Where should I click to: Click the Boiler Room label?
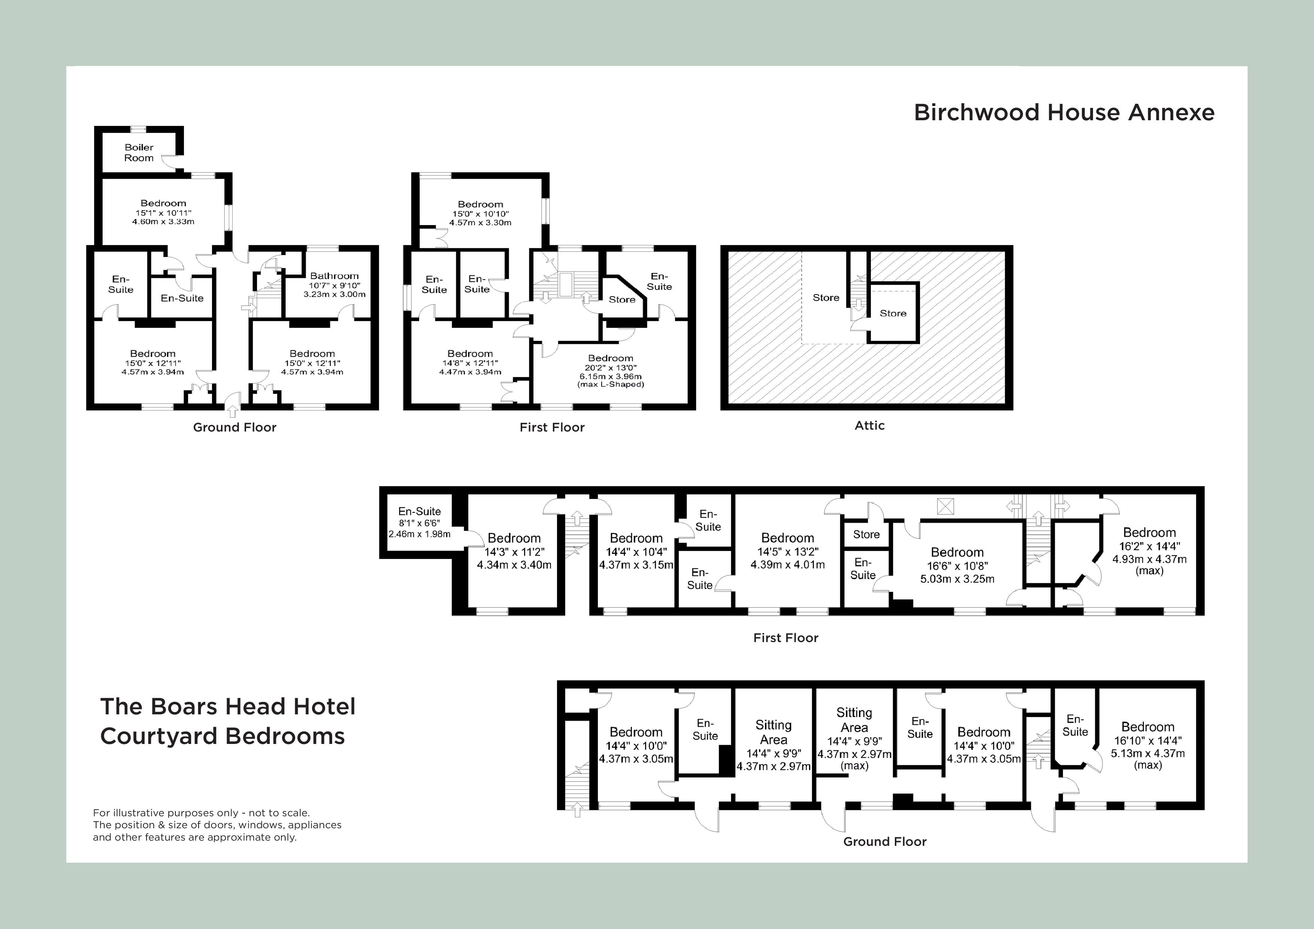pos(139,153)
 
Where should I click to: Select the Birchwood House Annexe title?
pos(1064,113)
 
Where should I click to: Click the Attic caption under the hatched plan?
pos(869,425)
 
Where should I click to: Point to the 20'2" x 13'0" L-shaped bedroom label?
pos(610,370)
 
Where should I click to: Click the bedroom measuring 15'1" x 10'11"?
pos(163,212)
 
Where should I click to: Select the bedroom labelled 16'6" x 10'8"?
pos(957,565)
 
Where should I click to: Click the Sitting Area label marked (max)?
pos(854,738)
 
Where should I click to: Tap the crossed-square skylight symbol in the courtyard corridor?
pos(945,506)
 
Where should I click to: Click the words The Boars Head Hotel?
pos(228,707)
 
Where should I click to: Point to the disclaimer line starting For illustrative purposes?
pos(202,813)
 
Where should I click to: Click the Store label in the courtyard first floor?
pos(866,535)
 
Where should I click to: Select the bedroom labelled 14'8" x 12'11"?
pos(470,362)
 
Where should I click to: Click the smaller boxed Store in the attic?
pos(893,313)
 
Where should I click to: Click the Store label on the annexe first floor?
pos(621,299)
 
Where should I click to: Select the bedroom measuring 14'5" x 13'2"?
pos(787,551)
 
